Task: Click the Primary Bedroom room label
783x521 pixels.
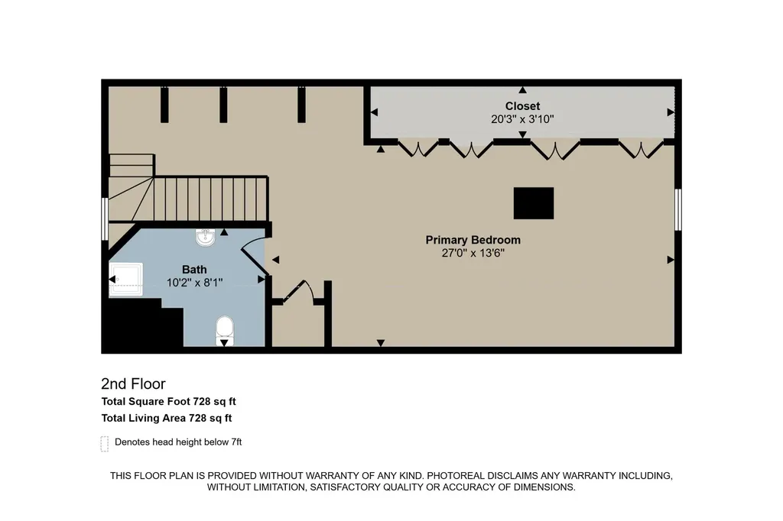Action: (x=473, y=240)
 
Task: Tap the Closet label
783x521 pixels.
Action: (x=522, y=105)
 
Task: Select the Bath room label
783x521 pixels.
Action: (x=194, y=270)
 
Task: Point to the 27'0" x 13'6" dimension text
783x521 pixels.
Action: (x=473, y=253)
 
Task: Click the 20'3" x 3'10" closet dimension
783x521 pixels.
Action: (x=522, y=118)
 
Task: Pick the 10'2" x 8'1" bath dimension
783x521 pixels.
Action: (x=194, y=283)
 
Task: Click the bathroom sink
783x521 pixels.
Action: (x=205, y=237)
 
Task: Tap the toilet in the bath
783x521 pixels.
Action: (x=225, y=330)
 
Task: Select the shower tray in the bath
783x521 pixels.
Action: (x=126, y=280)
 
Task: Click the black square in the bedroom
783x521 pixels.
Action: (x=534, y=203)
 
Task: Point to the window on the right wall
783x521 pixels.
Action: (x=677, y=209)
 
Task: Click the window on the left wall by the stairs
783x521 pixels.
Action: (x=105, y=218)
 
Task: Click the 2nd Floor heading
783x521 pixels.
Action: (x=133, y=383)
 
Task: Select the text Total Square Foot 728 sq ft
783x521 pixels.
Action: (x=169, y=401)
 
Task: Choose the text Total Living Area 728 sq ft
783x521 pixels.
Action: (x=167, y=418)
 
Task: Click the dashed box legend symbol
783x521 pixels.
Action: (x=104, y=444)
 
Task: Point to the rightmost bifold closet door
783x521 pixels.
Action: (x=642, y=150)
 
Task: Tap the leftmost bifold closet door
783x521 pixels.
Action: (x=418, y=149)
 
